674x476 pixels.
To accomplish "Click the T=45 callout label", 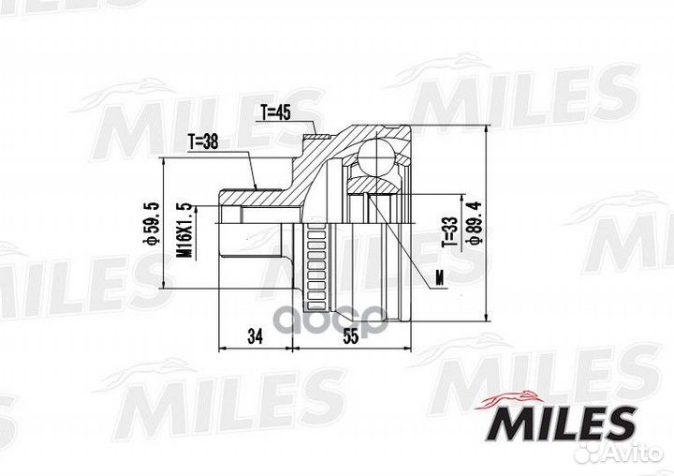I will pos(275,113).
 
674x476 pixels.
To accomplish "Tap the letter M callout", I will pos(438,277).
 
